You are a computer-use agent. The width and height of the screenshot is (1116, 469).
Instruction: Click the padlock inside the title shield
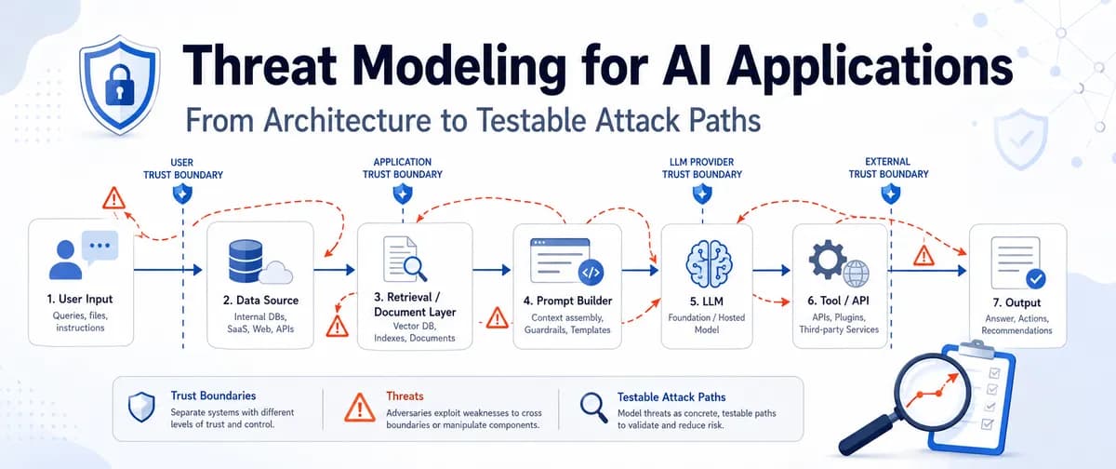pyautogui.click(x=120, y=86)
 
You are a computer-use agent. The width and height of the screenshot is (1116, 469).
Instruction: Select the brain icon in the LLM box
pyautogui.click(x=709, y=264)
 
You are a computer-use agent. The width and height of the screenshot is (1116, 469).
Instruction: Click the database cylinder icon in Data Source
pyautogui.click(x=246, y=261)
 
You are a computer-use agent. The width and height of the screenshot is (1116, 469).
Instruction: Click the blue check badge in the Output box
pyautogui.click(x=1036, y=278)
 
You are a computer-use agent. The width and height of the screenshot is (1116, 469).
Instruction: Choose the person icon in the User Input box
pyautogui.click(x=65, y=260)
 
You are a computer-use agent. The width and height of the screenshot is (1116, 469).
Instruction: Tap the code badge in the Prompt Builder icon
pyautogui.click(x=591, y=273)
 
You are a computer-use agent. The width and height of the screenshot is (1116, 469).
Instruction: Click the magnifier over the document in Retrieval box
pyautogui.click(x=415, y=268)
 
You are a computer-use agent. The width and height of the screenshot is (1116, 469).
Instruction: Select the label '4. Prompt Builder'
pyautogui.click(x=567, y=301)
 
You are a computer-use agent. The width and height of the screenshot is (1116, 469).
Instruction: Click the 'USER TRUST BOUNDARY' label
pyautogui.click(x=183, y=168)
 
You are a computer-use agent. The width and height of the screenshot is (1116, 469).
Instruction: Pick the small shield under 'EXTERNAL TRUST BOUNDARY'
pyautogui.click(x=890, y=194)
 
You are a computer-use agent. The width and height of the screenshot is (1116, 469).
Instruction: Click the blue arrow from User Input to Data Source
pyautogui.click(x=168, y=270)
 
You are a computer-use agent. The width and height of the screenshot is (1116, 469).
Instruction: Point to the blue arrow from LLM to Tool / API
pyautogui.click(x=771, y=271)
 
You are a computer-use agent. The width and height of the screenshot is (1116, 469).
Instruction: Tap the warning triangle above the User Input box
pyautogui.click(x=113, y=198)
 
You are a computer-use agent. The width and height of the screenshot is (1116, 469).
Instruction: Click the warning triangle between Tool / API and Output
pyautogui.click(x=923, y=256)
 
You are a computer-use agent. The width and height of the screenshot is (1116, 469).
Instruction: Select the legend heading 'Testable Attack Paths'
pyautogui.click(x=671, y=397)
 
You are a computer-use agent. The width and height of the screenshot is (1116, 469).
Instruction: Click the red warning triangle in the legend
pyautogui.click(x=360, y=409)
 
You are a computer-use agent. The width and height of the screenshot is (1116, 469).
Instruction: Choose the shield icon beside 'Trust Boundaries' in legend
pyautogui.click(x=141, y=407)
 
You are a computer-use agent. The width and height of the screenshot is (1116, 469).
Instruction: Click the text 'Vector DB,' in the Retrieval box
pyautogui.click(x=415, y=326)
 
